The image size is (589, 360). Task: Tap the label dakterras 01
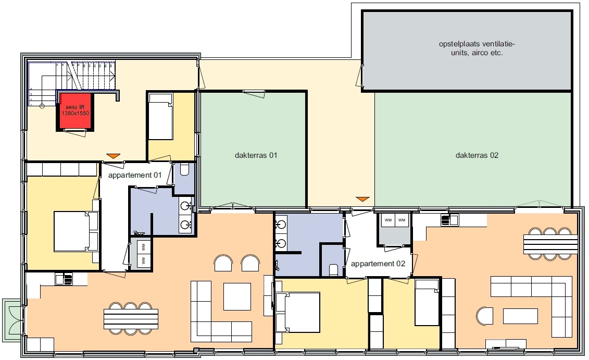pyautogui.click(x=256, y=155)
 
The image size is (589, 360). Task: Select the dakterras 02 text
pyautogui.click(x=477, y=155)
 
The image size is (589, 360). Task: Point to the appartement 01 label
pyautogui.click(x=135, y=175)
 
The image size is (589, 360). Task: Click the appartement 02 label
pyautogui.click(x=378, y=264)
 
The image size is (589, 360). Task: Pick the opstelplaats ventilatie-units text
pyautogui.click(x=477, y=48)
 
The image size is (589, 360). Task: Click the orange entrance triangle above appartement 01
pyautogui.click(x=113, y=156)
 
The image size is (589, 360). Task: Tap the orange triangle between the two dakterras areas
pyautogui.click(x=362, y=199)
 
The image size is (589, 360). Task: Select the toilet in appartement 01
pyautogui.click(x=184, y=170)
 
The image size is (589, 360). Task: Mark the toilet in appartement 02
pyautogui.click(x=333, y=270)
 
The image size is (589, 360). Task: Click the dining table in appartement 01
pyautogui.click(x=131, y=319)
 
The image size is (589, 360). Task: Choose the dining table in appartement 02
pyautogui.click(x=550, y=244)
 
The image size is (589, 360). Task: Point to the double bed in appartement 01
pyautogui.click(x=76, y=231)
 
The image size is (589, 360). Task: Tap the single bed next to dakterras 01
pyautogui.click(x=161, y=117)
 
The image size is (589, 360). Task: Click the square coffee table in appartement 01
pyautogui.click(x=237, y=296)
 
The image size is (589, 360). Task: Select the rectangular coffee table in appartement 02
pyautogui.click(x=520, y=316)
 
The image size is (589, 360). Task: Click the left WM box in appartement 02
pyautogui.click(x=388, y=220)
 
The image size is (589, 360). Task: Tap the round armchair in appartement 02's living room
pyautogui.click(x=484, y=316)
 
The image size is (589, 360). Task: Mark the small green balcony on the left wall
pyautogui.click(x=12, y=319)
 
